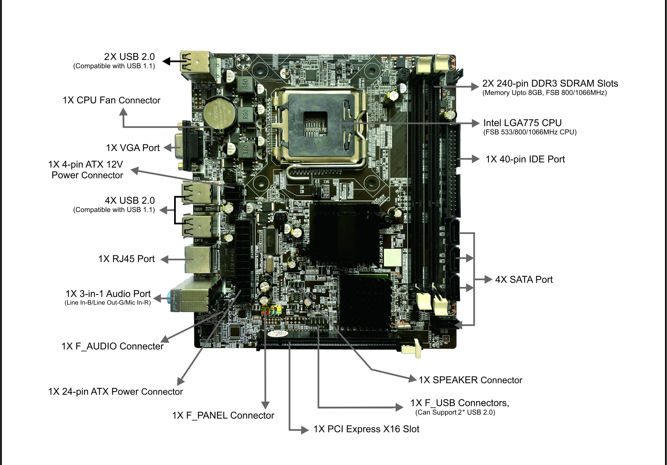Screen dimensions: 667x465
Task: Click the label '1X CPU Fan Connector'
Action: (x=111, y=100)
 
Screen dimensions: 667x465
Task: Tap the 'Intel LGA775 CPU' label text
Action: (x=522, y=123)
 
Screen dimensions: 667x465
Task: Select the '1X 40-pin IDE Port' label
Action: (x=525, y=159)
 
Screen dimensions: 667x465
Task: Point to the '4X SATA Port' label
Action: (x=524, y=280)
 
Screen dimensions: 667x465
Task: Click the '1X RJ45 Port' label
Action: (x=127, y=259)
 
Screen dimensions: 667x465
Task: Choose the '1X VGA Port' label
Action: (x=133, y=148)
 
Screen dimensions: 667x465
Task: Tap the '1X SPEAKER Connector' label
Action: (x=470, y=380)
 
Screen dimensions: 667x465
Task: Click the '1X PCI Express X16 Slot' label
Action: (x=366, y=429)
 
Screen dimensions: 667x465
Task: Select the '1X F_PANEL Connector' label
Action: (x=223, y=415)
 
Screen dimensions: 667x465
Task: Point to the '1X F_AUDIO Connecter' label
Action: (x=113, y=346)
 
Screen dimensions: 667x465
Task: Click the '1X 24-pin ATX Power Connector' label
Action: (x=115, y=391)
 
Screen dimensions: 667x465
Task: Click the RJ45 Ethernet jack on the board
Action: (x=199, y=259)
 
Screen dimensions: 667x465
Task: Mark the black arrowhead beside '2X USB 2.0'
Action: (x=166, y=61)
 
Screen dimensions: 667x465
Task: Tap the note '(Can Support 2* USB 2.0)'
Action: (x=455, y=413)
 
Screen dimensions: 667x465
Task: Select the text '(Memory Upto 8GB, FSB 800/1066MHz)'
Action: (x=545, y=93)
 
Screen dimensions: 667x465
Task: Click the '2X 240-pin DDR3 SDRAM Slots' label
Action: (x=550, y=84)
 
